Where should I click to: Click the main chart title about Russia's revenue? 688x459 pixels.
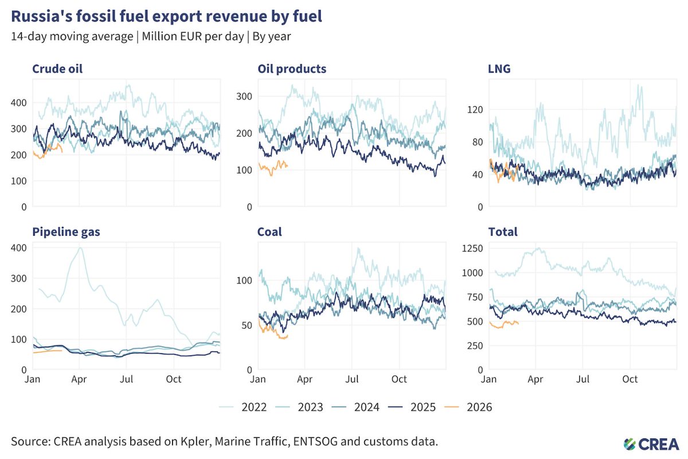[166, 16]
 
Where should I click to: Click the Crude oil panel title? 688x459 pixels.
[57, 69]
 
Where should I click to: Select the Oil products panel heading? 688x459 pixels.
[292, 69]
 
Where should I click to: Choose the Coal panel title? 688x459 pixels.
[269, 232]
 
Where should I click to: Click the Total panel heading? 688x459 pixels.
[503, 232]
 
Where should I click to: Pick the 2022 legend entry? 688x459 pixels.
[243, 407]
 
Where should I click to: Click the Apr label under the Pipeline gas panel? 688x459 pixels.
[79, 379]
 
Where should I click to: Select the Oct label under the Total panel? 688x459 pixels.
[630, 379]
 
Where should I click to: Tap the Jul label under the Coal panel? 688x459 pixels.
[351, 379]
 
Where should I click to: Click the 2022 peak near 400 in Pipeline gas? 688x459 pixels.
[80, 248]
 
